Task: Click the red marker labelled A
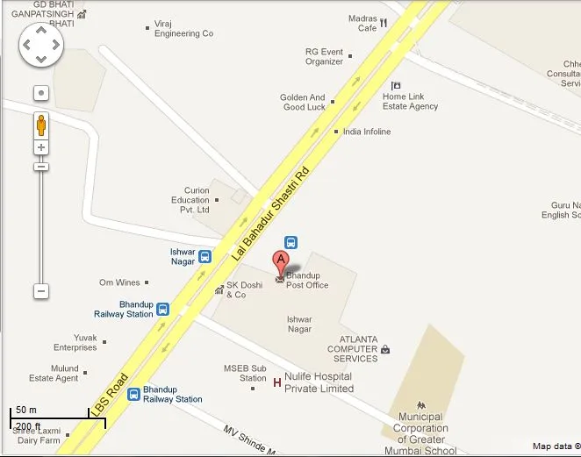[x=281, y=261]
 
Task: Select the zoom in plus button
[x=41, y=147]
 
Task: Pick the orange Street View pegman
[x=41, y=125]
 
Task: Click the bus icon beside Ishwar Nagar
[x=204, y=257]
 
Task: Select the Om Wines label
[x=119, y=282]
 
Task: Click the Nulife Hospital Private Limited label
[x=319, y=382]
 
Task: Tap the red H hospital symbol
[x=277, y=382]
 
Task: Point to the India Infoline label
[x=367, y=132]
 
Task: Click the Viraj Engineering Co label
[x=183, y=28]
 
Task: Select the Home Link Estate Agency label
[x=410, y=101]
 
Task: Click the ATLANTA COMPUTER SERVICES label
[x=352, y=349]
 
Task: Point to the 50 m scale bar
[x=58, y=418]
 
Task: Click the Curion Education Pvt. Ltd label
[x=190, y=200]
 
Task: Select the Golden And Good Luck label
[x=303, y=103]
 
